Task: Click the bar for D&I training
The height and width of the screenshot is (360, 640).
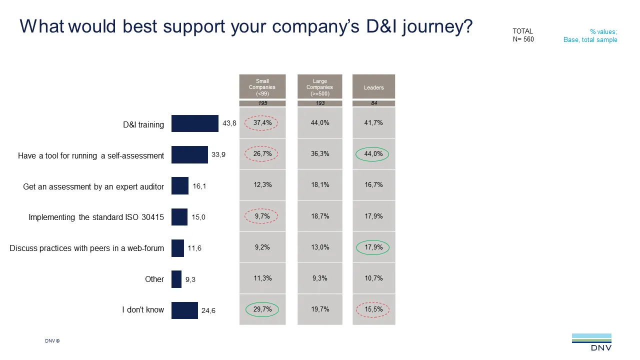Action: (x=194, y=123)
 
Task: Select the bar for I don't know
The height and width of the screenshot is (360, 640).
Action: (x=184, y=310)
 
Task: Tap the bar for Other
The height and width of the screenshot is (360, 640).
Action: (x=176, y=279)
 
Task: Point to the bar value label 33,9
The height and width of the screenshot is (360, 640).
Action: (x=218, y=155)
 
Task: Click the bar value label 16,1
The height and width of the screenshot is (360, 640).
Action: (x=199, y=186)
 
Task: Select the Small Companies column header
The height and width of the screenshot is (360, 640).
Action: (x=262, y=87)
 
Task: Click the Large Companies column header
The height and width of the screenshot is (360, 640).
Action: (x=320, y=87)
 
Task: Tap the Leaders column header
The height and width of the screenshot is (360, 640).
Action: (x=373, y=87)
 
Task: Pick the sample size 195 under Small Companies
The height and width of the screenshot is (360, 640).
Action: (x=262, y=103)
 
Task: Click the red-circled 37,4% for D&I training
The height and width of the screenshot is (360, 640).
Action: (x=262, y=123)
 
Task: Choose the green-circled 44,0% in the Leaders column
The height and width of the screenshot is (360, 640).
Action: (x=373, y=154)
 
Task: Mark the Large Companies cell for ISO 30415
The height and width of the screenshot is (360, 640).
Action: (x=320, y=216)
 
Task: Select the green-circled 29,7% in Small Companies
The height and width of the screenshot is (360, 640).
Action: (x=262, y=309)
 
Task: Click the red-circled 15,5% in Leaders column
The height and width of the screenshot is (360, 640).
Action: (x=373, y=309)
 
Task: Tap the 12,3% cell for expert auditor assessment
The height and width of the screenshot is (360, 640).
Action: (x=262, y=185)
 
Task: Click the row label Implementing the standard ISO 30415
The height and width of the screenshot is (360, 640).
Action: (x=96, y=217)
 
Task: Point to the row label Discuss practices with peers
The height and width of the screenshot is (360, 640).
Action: (x=86, y=248)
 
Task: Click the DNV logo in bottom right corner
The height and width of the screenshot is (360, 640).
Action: (x=591, y=342)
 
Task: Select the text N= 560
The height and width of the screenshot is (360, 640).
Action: (x=523, y=39)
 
